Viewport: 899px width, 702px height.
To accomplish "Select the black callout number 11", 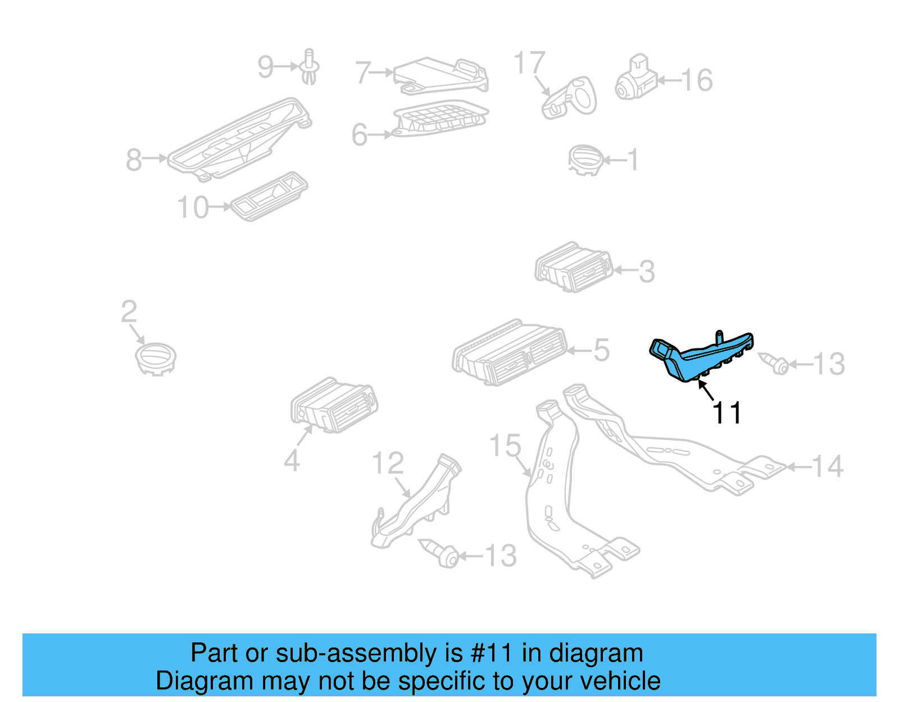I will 727,413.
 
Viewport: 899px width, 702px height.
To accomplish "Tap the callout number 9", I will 265,67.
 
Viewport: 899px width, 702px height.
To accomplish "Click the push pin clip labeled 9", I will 308,67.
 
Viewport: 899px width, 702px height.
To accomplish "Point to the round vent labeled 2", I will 156,358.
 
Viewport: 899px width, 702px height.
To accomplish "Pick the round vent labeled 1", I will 585,160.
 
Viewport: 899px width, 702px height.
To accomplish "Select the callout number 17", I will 529,63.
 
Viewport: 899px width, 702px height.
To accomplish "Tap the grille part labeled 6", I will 441,119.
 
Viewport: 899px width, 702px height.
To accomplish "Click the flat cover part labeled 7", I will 441,74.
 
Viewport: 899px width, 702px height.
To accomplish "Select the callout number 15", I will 505,446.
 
